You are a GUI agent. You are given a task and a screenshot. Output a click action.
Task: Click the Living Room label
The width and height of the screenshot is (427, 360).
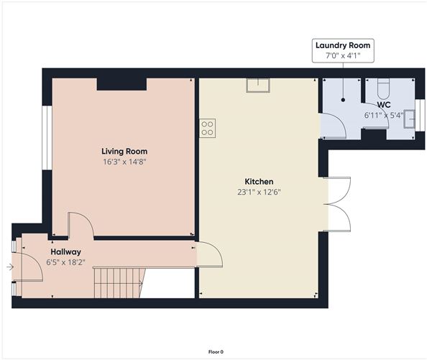coord(124,152)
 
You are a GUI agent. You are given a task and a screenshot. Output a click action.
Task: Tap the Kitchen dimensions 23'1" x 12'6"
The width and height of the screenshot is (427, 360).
coord(259,192)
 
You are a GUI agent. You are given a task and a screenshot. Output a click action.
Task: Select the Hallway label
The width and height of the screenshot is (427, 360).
coord(66,252)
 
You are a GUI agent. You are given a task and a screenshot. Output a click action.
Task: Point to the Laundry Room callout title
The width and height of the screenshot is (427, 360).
coord(343,45)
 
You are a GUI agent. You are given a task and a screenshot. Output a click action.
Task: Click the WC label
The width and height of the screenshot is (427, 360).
coord(384,105)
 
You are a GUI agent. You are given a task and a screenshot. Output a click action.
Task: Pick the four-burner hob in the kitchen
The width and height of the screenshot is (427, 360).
coord(207,128)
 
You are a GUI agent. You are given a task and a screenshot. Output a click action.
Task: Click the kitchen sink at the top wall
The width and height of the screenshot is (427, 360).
coord(258,86)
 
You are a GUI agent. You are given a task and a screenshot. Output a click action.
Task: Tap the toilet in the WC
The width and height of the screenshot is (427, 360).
coord(384,88)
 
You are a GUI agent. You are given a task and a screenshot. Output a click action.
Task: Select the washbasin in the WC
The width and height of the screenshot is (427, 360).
coord(409,119)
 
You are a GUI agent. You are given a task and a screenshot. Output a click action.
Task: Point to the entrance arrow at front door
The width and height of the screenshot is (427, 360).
coord(10,267)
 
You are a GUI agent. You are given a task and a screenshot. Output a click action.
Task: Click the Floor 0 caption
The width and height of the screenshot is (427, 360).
coord(216,352)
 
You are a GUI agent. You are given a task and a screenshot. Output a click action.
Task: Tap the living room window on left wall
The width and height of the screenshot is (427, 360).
coord(47,138)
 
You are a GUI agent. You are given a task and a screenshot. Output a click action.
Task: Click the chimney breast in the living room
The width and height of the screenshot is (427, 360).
coord(121,84)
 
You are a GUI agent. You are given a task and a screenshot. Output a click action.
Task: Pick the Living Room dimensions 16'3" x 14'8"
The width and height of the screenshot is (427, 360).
coord(124,162)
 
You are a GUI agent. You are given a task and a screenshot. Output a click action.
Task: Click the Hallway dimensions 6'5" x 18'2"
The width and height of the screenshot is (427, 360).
coord(66,262)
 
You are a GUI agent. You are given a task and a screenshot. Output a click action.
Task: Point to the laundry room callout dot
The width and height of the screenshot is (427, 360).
coord(343,100)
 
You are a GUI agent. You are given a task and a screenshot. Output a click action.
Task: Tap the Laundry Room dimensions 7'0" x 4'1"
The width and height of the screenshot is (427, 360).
coord(343,56)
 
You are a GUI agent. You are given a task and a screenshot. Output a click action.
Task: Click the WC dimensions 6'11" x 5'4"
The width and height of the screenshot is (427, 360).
coord(384,116)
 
